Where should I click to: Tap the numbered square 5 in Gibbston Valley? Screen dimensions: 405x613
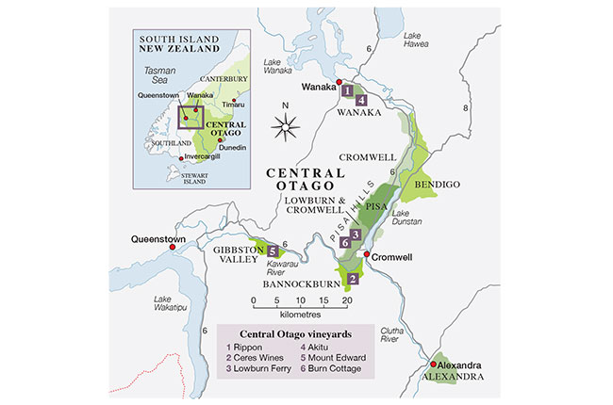(x=273, y=251)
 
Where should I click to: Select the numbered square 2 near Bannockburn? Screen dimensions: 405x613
(x=352, y=279)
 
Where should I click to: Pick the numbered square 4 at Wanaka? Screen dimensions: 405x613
(x=361, y=101)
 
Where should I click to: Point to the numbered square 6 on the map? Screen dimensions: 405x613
(x=345, y=243)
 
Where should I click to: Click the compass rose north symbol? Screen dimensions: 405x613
(x=285, y=123)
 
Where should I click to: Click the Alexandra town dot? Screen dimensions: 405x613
(x=434, y=364)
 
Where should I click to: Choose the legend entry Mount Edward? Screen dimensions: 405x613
(x=334, y=359)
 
